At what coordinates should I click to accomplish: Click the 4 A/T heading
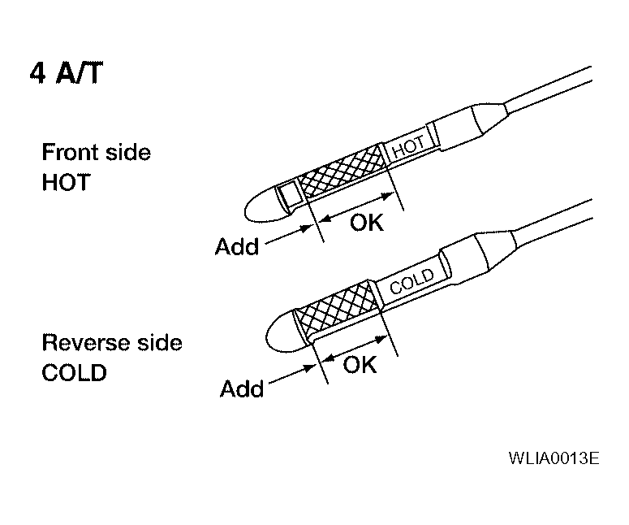point(67,73)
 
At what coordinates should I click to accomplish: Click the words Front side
point(97,152)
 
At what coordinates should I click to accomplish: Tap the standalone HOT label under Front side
point(67,182)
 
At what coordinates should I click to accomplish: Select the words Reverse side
point(112,343)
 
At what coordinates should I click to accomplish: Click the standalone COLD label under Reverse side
point(74,372)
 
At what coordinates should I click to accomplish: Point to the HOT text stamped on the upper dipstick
point(409,147)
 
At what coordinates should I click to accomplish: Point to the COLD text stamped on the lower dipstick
point(412,280)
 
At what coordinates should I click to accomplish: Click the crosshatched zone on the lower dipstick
point(337,307)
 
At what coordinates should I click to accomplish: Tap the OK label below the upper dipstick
point(367,223)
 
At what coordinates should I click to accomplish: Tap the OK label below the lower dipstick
point(360,365)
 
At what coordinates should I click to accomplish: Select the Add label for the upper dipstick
point(237,246)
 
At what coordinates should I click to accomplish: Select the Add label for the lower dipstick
point(242,388)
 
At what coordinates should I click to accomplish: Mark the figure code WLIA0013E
point(554,458)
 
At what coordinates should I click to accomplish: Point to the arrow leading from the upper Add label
point(289,235)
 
